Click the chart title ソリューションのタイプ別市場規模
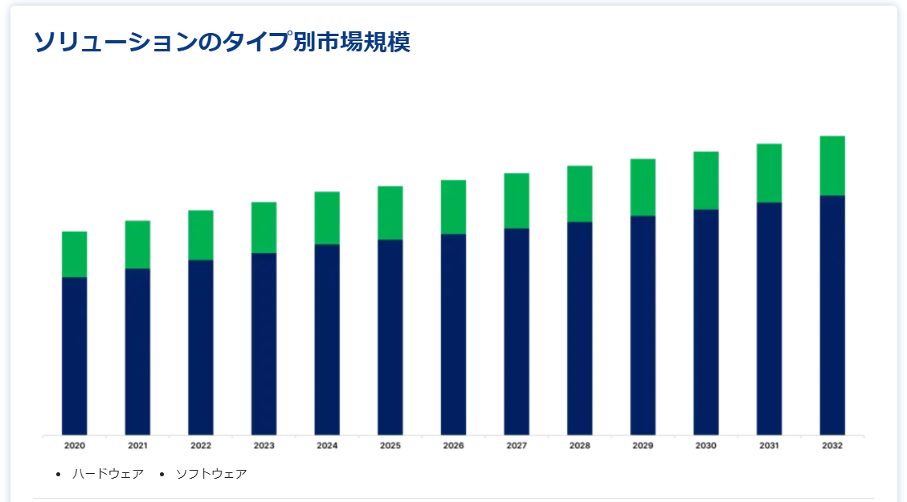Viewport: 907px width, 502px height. pos(222,43)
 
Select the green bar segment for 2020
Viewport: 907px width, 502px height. pos(75,254)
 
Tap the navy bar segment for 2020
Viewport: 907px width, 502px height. pos(75,356)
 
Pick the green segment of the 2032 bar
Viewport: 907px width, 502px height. pos(832,165)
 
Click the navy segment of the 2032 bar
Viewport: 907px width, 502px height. pos(832,315)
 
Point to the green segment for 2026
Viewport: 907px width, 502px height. pos(453,206)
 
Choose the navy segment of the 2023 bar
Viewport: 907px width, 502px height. pos(264,344)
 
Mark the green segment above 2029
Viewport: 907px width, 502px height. pos(643,187)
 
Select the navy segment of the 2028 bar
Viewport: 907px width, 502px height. pos(579,328)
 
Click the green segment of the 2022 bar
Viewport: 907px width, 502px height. pos(201,235)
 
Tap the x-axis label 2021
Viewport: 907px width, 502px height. pos(137,446)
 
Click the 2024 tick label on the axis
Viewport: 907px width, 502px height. pos(327,446)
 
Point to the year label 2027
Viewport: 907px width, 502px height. pos(517,446)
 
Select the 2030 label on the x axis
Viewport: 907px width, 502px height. pos(706,446)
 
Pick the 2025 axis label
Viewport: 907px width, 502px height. pos(390,446)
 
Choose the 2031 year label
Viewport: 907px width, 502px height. pos(769,446)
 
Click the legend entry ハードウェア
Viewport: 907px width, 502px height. pos(108,474)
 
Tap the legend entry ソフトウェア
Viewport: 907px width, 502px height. pos(211,474)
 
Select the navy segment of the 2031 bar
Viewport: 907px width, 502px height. pos(769,318)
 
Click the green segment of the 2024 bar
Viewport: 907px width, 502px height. pos(327,218)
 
